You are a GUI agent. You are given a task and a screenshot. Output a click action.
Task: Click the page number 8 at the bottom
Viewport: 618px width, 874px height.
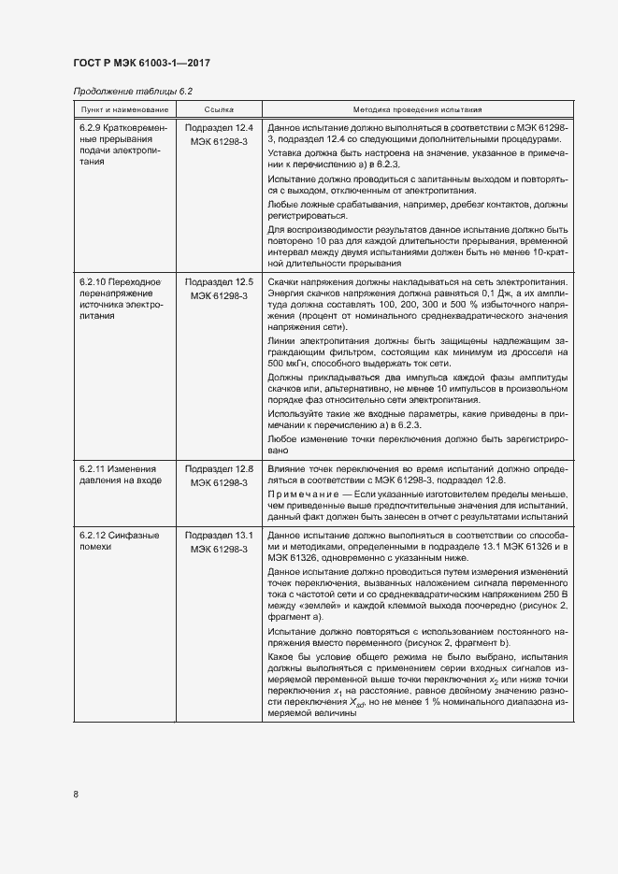pyautogui.click(x=76, y=795)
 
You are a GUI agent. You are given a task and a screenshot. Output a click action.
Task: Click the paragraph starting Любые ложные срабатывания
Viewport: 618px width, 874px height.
pyautogui.click(x=417, y=209)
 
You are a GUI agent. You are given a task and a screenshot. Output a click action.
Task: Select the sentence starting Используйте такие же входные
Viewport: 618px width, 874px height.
pyautogui.click(x=417, y=417)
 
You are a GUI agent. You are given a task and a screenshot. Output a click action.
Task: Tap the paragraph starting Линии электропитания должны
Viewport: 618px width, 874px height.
pyautogui.click(x=417, y=353)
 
